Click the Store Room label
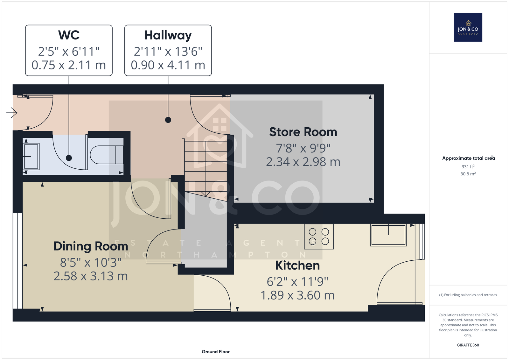(303, 132)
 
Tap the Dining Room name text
(91, 246)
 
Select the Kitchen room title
(297, 265)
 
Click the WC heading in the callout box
(69, 35)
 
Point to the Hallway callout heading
(168, 35)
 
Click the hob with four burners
(319, 236)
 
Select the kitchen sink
(388, 235)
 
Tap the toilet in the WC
(107, 155)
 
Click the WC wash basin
(31, 157)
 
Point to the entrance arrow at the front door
(12, 113)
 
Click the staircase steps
(206, 168)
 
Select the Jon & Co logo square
(468, 27)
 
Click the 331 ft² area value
(468, 166)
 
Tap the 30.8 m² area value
(468, 174)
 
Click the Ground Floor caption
(216, 352)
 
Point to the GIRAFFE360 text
(468, 345)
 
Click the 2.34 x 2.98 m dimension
(303, 162)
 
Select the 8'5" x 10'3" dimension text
(91, 262)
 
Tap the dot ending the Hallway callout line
(168, 120)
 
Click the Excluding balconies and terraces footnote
(468, 295)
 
